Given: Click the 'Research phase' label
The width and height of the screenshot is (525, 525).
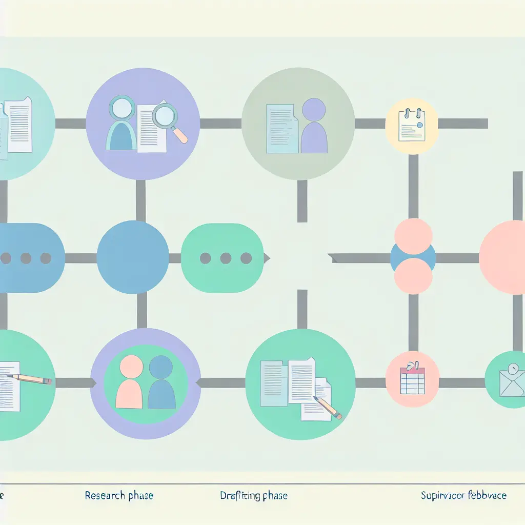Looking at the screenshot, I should (119, 496).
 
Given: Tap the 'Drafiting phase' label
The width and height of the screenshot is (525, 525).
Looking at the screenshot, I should (254, 496).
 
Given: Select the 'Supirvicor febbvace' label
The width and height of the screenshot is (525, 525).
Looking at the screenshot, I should (463, 496).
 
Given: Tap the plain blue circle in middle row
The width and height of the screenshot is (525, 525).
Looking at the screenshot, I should (133, 257).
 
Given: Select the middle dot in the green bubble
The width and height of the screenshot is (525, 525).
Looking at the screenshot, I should (226, 258).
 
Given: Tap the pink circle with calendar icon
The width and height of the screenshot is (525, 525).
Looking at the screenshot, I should (412, 379).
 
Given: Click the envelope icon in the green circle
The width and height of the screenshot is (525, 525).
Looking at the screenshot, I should (512, 381).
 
